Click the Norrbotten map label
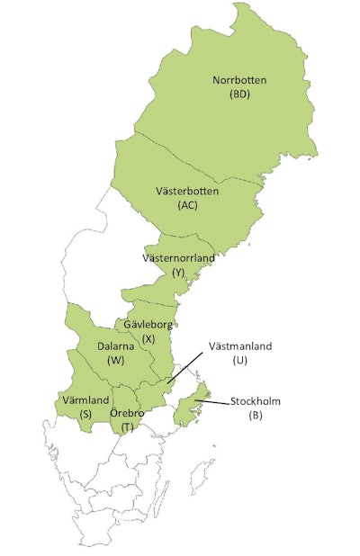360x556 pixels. coord(238,80)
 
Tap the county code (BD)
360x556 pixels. coord(239,94)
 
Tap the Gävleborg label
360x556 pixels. coord(148,324)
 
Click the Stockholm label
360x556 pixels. coord(256,401)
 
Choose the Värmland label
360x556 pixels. coord(85,399)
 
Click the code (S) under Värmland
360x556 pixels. coord(85,413)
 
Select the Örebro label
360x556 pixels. coord(127,413)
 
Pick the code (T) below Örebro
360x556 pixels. coord(127,426)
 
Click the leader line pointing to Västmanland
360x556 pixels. coord(184,369)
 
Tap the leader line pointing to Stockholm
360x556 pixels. coord(212,401)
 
